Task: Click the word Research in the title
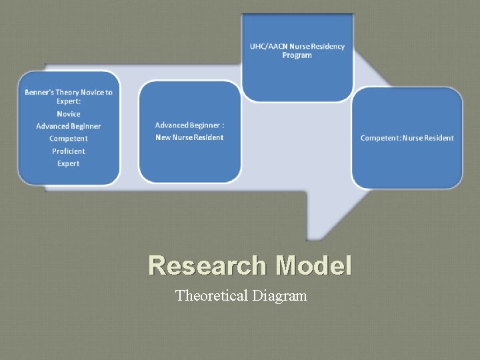click(x=207, y=265)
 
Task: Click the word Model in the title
click(x=313, y=265)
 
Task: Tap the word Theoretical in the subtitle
click(x=211, y=295)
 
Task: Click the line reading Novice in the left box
click(x=69, y=114)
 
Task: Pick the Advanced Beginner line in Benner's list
click(x=69, y=126)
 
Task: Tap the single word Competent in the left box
click(x=69, y=139)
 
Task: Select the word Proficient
click(x=69, y=151)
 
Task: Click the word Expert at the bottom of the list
click(x=69, y=163)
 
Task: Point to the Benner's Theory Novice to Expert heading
click(x=69, y=97)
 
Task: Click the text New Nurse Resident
click(x=189, y=137)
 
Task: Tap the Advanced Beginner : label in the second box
click(x=189, y=125)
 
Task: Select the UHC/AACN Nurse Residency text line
click(x=297, y=46)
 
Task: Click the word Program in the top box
click(x=297, y=55)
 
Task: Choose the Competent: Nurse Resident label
click(x=407, y=138)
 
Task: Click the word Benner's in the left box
click(x=38, y=92)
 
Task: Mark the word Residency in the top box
click(x=327, y=46)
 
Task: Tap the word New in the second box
click(x=163, y=137)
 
